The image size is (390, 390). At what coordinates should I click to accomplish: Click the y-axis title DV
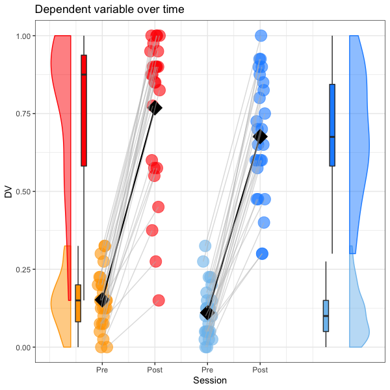pyautogui.click(x=8, y=191)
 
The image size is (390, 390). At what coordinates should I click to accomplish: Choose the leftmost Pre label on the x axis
pyautogui.click(x=101, y=369)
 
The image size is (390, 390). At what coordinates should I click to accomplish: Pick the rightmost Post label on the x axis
pyautogui.click(x=260, y=369)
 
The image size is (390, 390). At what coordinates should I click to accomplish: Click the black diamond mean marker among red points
pyautogui.click(x=155, y=108)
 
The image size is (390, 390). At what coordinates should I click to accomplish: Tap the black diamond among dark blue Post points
pyautogui.click(x=260, y=136)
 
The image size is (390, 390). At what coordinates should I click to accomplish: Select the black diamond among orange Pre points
pyautogui.click(x=102, y=299)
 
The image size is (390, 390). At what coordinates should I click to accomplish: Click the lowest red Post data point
pyautogui.click(x=159, y=300)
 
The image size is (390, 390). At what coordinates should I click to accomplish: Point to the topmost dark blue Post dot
pyautogui.click(x=261, y=36)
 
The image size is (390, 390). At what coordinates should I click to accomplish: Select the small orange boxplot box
pyautogui.click(x=78, y=303)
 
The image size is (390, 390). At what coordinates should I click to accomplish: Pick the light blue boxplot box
pyautogui.click(x=326, y=316)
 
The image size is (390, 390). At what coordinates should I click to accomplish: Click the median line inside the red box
pyautogui.click(x=84, y=75)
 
